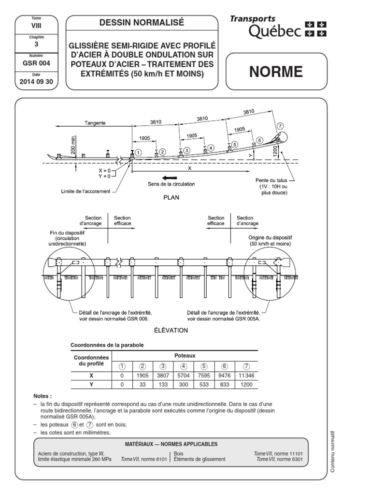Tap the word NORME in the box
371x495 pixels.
click(276, 72)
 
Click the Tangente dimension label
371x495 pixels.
click(94, 123)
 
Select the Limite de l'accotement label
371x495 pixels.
click(86, 191)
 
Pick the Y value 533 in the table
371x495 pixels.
click(204, 384)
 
